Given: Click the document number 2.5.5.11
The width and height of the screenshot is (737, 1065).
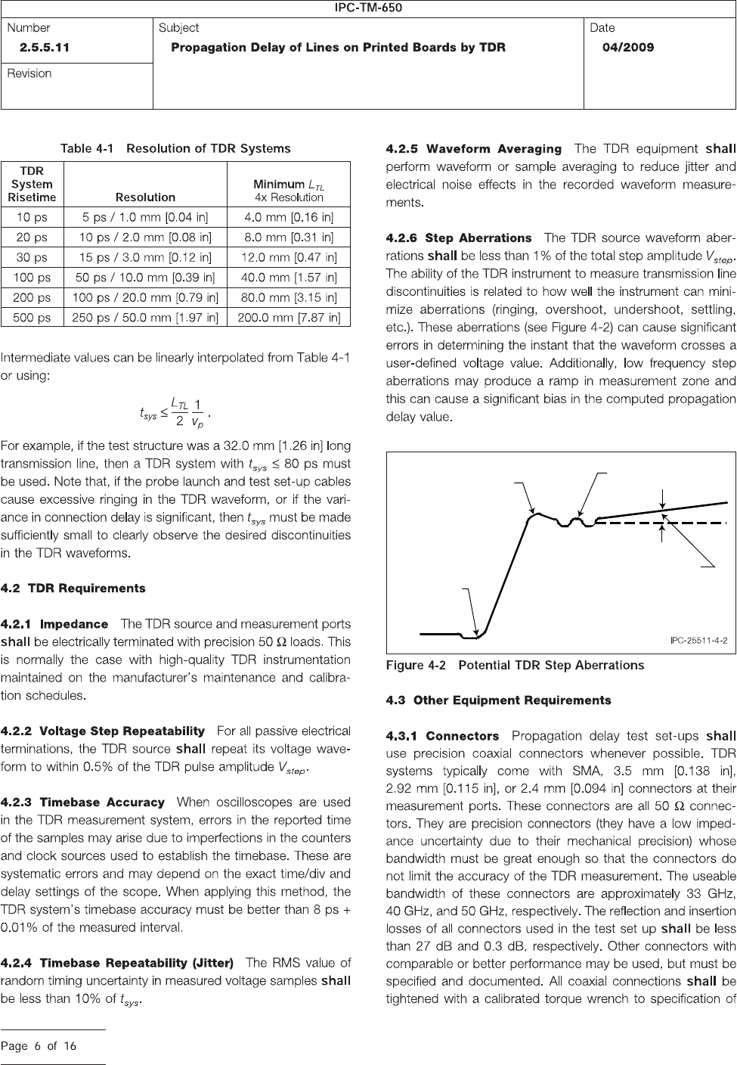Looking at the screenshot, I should point(45,47).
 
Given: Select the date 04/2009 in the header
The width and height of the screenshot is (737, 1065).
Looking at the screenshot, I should point(628,47).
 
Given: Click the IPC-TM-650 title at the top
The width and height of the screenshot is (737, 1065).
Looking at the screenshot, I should point(368,8).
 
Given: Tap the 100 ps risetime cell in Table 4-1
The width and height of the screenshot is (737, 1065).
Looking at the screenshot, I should point(32,278).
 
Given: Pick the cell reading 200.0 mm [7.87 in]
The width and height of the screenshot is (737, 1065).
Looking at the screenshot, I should point(289,318).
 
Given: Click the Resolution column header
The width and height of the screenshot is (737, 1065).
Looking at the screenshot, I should point(145,197).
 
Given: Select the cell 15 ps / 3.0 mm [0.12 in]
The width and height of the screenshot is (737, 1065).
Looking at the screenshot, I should point(145,257).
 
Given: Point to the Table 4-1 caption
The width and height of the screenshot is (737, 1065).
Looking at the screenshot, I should point(175,148).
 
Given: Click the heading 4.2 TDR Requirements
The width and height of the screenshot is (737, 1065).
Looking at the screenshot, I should point(73,588).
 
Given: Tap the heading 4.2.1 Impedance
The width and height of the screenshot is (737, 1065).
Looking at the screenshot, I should point(54,624).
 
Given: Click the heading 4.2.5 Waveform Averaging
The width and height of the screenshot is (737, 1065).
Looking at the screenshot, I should point(473,149).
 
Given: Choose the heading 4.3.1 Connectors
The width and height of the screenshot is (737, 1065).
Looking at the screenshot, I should point(442,736).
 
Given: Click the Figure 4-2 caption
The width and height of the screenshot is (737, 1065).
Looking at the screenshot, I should point(515,666).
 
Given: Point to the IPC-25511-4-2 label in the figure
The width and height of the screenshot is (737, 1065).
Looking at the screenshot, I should point(698,640).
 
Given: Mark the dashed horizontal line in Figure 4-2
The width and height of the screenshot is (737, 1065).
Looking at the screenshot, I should point(665,522).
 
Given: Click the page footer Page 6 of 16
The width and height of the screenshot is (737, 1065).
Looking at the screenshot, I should point(39,1047).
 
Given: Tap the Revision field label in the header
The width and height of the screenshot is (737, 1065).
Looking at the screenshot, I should point(29,73).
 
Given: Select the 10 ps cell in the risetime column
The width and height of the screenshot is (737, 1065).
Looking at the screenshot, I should point(32,217).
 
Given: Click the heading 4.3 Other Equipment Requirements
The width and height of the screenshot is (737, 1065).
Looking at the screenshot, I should point(498,700).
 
